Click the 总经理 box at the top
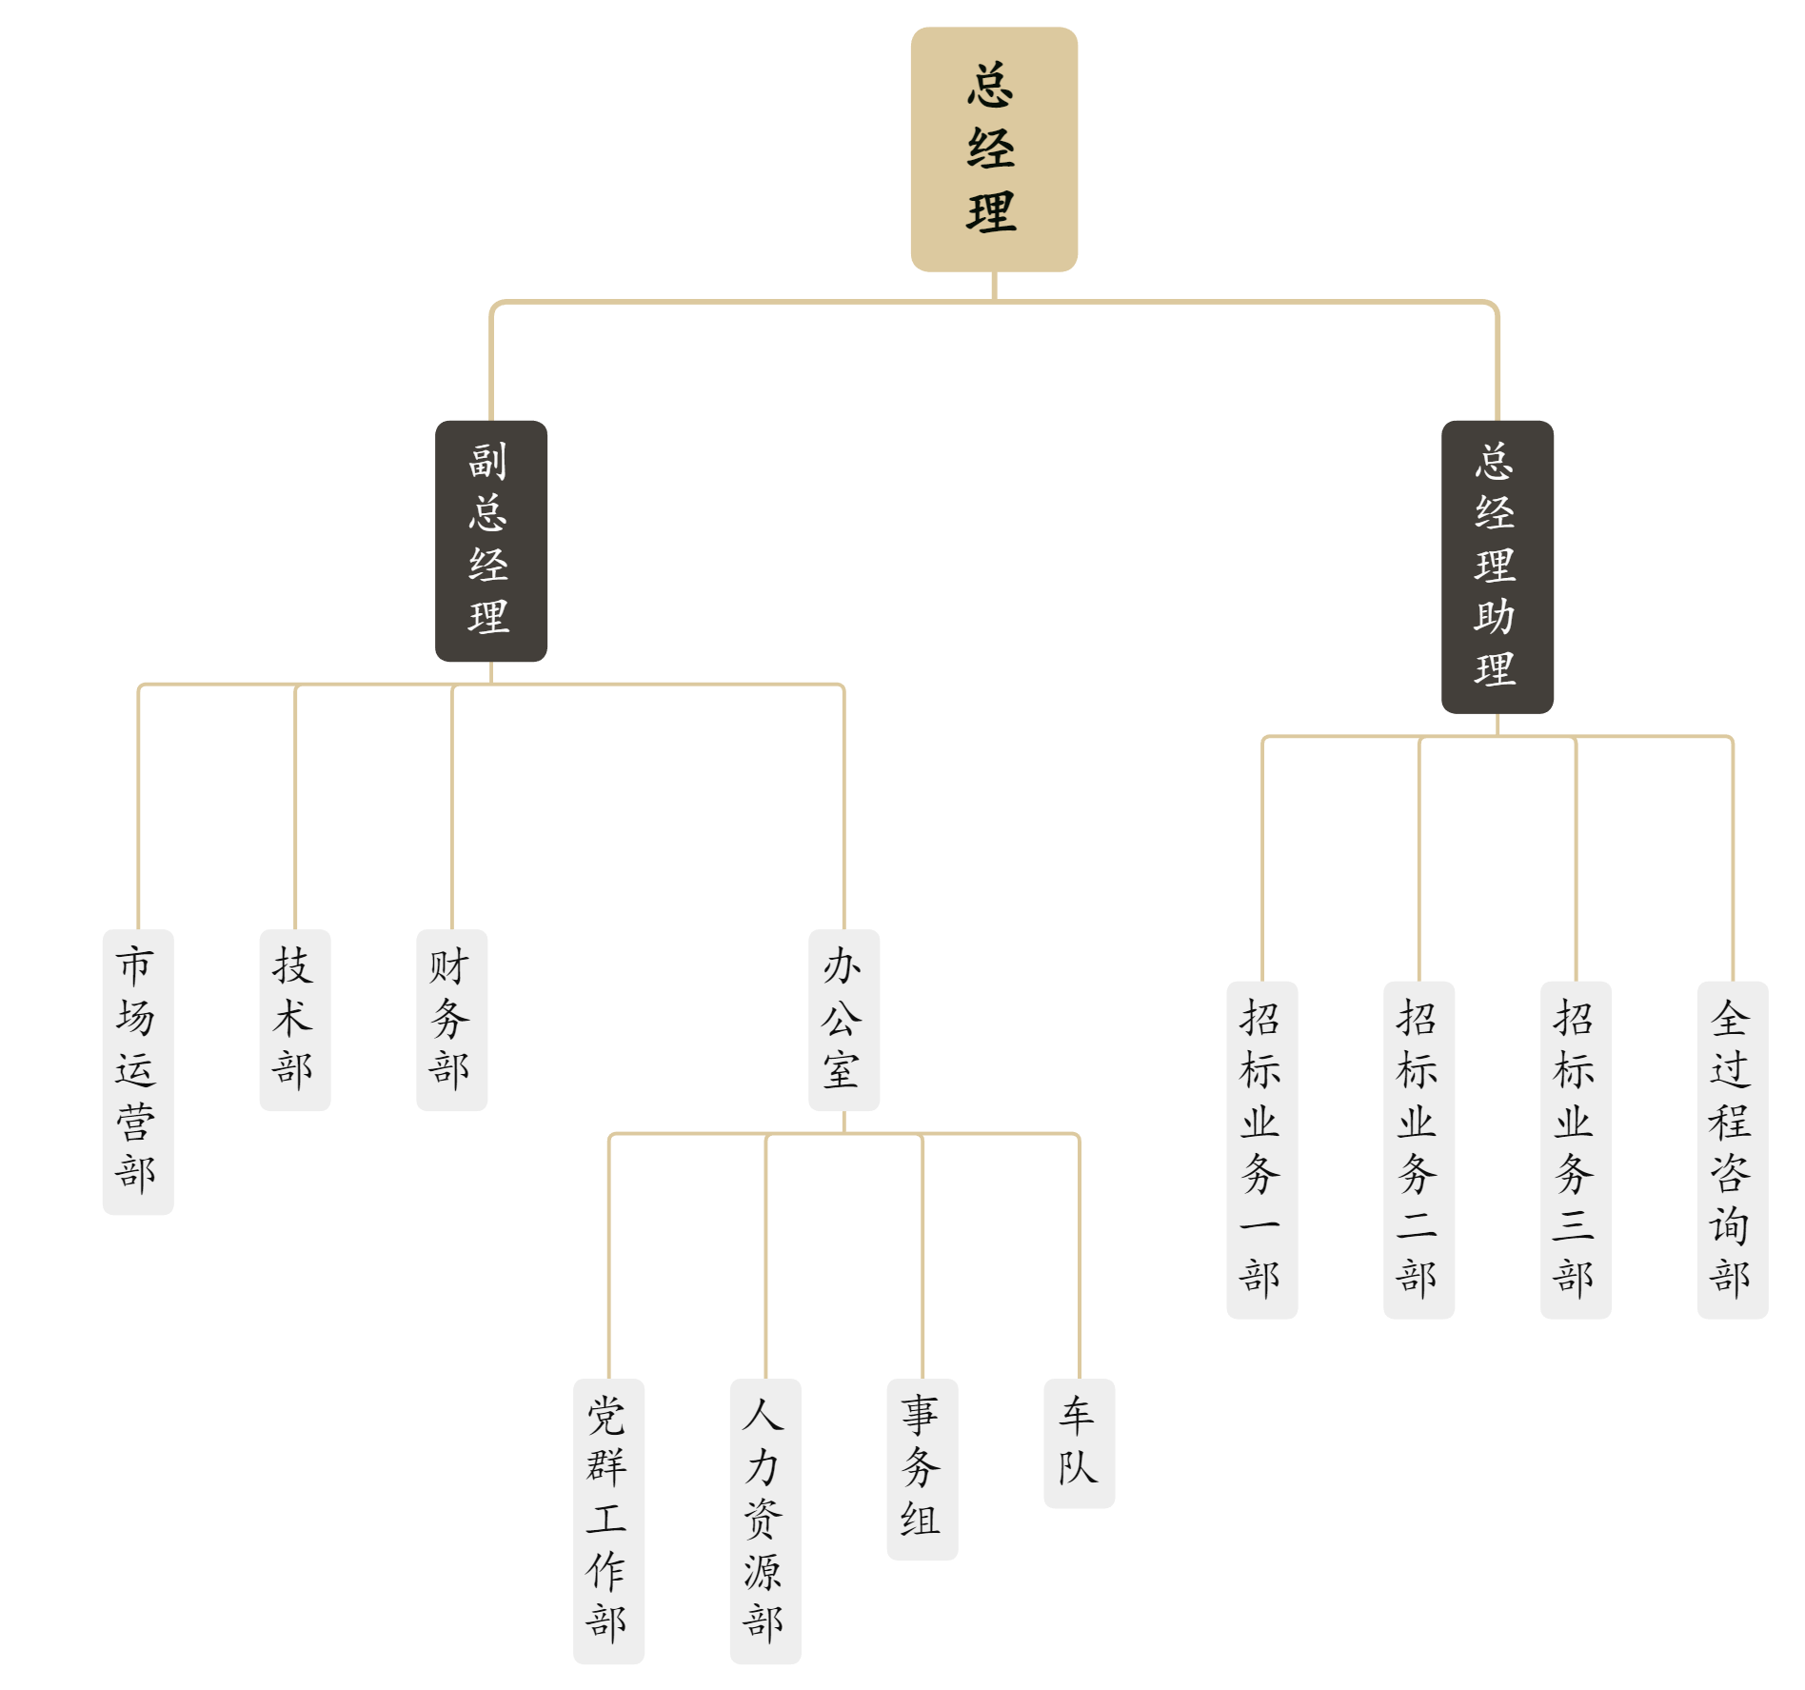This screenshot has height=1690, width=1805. (x=994, y=149)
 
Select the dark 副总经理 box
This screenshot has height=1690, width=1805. (x=490, y=541)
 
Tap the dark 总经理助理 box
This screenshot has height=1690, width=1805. (x=1497, y=567)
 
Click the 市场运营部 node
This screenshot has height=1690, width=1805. (x=138, y=1071)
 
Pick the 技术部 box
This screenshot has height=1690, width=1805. (x=295, y=1019)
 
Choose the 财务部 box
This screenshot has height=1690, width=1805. (x=451, y=1019)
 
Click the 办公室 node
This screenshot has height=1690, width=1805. (x=843, y=1019)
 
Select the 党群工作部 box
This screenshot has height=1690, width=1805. (x=608, y=1521)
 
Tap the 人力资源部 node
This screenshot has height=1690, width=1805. (x=765, y=1521)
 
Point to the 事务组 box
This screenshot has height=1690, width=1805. (x=922, y=1468)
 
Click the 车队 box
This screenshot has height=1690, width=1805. (x=1079, y=1442)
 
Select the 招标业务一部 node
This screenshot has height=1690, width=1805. (x=1261, y=1149)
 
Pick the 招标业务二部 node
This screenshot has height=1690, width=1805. (x=1418, y=1149)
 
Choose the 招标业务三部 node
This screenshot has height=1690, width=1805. (x=1576, y=1149)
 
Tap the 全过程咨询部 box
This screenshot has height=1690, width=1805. (x=1732, y=1149)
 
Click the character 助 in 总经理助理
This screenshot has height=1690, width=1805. (x=1496, y=617)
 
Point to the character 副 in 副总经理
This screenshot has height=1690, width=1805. (x=488, y=462)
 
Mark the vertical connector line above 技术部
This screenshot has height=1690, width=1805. (x=295, y=809)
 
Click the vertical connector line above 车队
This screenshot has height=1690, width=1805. (x=1079, y=1257)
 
